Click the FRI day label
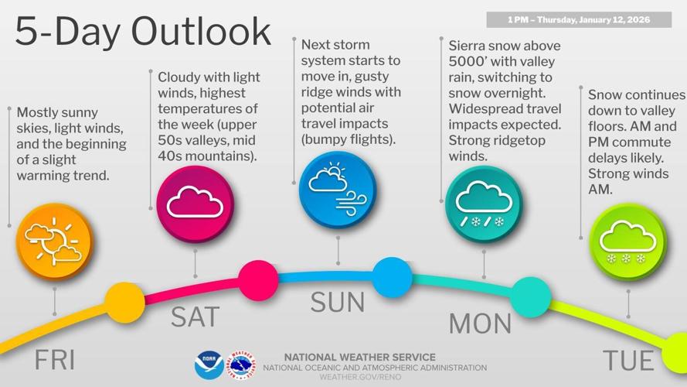(54, 360)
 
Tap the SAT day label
(195, 317)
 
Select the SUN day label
(338, 302)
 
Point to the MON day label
(480, 323)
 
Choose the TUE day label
(627, 360)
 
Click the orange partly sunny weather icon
(53, 241)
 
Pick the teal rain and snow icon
(484, 204)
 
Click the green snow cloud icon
(627, 241)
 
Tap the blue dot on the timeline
(392, 276)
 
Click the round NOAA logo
(209, 365)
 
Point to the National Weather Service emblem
(242, 365)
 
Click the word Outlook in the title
(202, 31)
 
